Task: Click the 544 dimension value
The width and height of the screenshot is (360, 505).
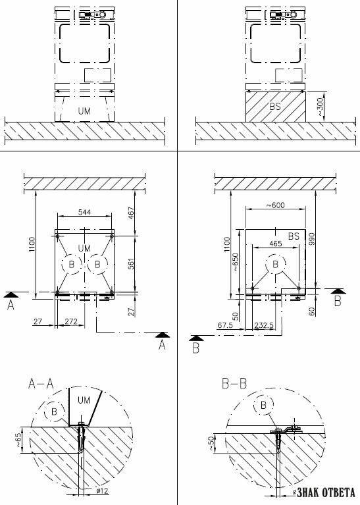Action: pos(84,212)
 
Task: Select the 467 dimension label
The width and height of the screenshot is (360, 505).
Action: pos(132,213)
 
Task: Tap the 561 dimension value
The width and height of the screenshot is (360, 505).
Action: pos(132,263)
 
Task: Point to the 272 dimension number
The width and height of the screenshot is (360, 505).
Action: pos(71,321)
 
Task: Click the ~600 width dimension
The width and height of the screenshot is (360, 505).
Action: pos(275,205)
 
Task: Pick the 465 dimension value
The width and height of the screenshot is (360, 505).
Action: pos(275,244)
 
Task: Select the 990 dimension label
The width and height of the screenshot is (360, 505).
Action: pos(311,238)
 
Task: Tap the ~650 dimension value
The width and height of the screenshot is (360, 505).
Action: pos(236,262)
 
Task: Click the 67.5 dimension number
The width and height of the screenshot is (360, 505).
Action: pos(225,325)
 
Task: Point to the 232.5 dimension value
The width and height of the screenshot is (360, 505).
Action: pos(264,325)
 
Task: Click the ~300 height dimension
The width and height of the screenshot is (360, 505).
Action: pos(320,107)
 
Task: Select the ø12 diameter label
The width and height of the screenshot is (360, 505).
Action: pos(103,491)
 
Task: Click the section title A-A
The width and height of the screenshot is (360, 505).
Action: pos(41,384)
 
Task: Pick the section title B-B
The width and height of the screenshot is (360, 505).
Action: pos(234,384)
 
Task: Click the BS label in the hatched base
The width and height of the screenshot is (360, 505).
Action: pos(275,106)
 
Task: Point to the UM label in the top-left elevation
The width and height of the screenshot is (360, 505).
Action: pos(84,111)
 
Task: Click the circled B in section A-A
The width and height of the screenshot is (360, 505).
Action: pos(54,412)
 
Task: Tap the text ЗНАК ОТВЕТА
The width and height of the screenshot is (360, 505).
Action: pos(326,492)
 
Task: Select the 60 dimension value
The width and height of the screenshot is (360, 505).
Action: pos(311,312)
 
